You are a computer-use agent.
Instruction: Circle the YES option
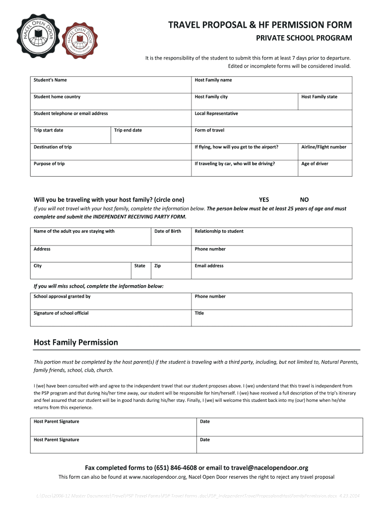264,200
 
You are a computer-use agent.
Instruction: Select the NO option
304,200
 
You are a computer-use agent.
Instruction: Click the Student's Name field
111,84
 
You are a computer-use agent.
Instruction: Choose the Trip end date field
151,135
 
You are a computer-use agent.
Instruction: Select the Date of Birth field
171,236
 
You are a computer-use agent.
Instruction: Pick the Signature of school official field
111,318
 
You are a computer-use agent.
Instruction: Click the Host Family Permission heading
76,342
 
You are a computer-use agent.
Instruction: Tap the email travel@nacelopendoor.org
263,467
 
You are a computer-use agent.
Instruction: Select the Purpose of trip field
111,168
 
